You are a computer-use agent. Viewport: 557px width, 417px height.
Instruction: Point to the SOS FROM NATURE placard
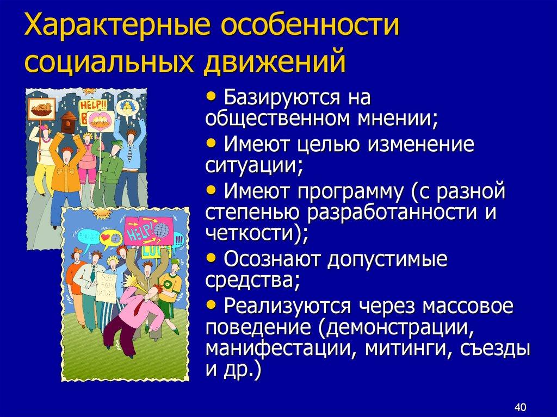[x=106, y=286]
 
